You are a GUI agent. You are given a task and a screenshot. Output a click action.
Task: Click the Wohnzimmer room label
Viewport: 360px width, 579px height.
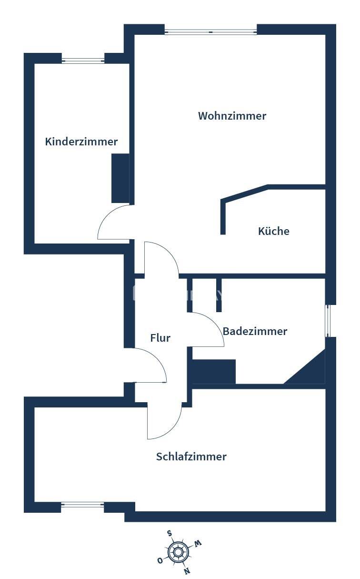(232, 116)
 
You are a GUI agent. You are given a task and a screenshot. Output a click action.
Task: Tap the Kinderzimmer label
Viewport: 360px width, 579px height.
(81, 142)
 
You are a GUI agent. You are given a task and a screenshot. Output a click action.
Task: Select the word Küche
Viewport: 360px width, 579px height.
(273, 231)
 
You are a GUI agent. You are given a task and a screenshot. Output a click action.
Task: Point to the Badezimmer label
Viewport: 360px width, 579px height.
(255, 331)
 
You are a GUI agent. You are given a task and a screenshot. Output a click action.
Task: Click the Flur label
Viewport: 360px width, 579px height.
(160, 338)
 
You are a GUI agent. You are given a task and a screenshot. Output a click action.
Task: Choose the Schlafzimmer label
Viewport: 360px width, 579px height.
(191, 457)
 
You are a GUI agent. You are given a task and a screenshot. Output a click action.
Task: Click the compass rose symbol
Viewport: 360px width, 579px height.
(179, 552)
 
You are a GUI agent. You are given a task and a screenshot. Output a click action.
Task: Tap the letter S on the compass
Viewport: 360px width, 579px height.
(170, 533)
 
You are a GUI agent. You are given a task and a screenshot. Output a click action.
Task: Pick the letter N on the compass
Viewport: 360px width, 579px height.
(187, 570)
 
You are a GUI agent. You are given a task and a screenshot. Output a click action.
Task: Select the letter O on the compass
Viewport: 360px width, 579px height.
(160, 561)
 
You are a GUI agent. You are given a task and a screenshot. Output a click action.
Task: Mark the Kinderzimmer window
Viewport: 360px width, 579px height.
(83, 61)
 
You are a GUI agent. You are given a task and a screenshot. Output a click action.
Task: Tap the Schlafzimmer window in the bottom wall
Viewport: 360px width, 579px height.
(83, 504)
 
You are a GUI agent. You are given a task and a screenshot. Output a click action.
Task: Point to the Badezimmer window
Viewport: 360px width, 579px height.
(328, 321)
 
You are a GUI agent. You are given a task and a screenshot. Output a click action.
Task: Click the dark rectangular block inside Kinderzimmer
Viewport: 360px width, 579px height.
(120, 178)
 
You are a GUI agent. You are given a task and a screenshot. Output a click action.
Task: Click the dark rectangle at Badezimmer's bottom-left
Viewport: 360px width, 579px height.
(213, 372)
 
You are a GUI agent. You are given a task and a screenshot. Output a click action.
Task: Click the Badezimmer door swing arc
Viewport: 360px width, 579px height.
(212, 324)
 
